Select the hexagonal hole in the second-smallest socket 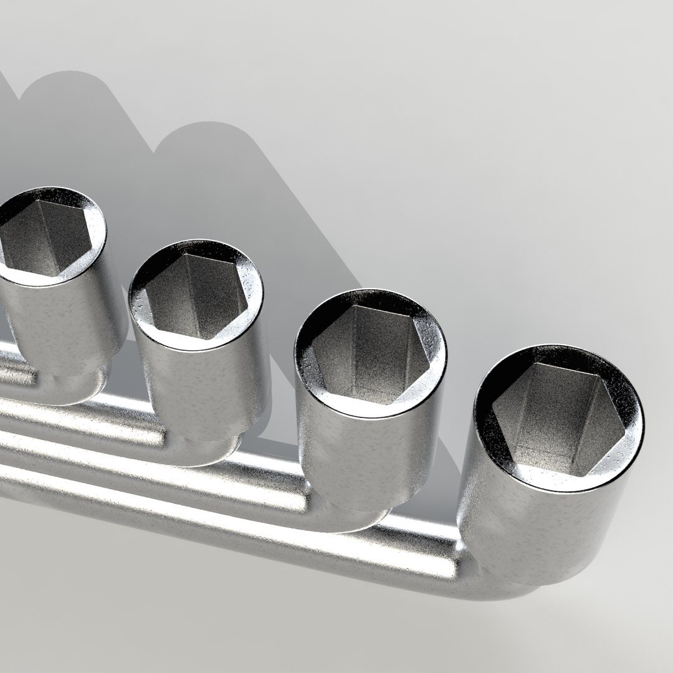[196, 297]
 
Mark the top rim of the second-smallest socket [252, 305]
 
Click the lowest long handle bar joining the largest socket [249, 530]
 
